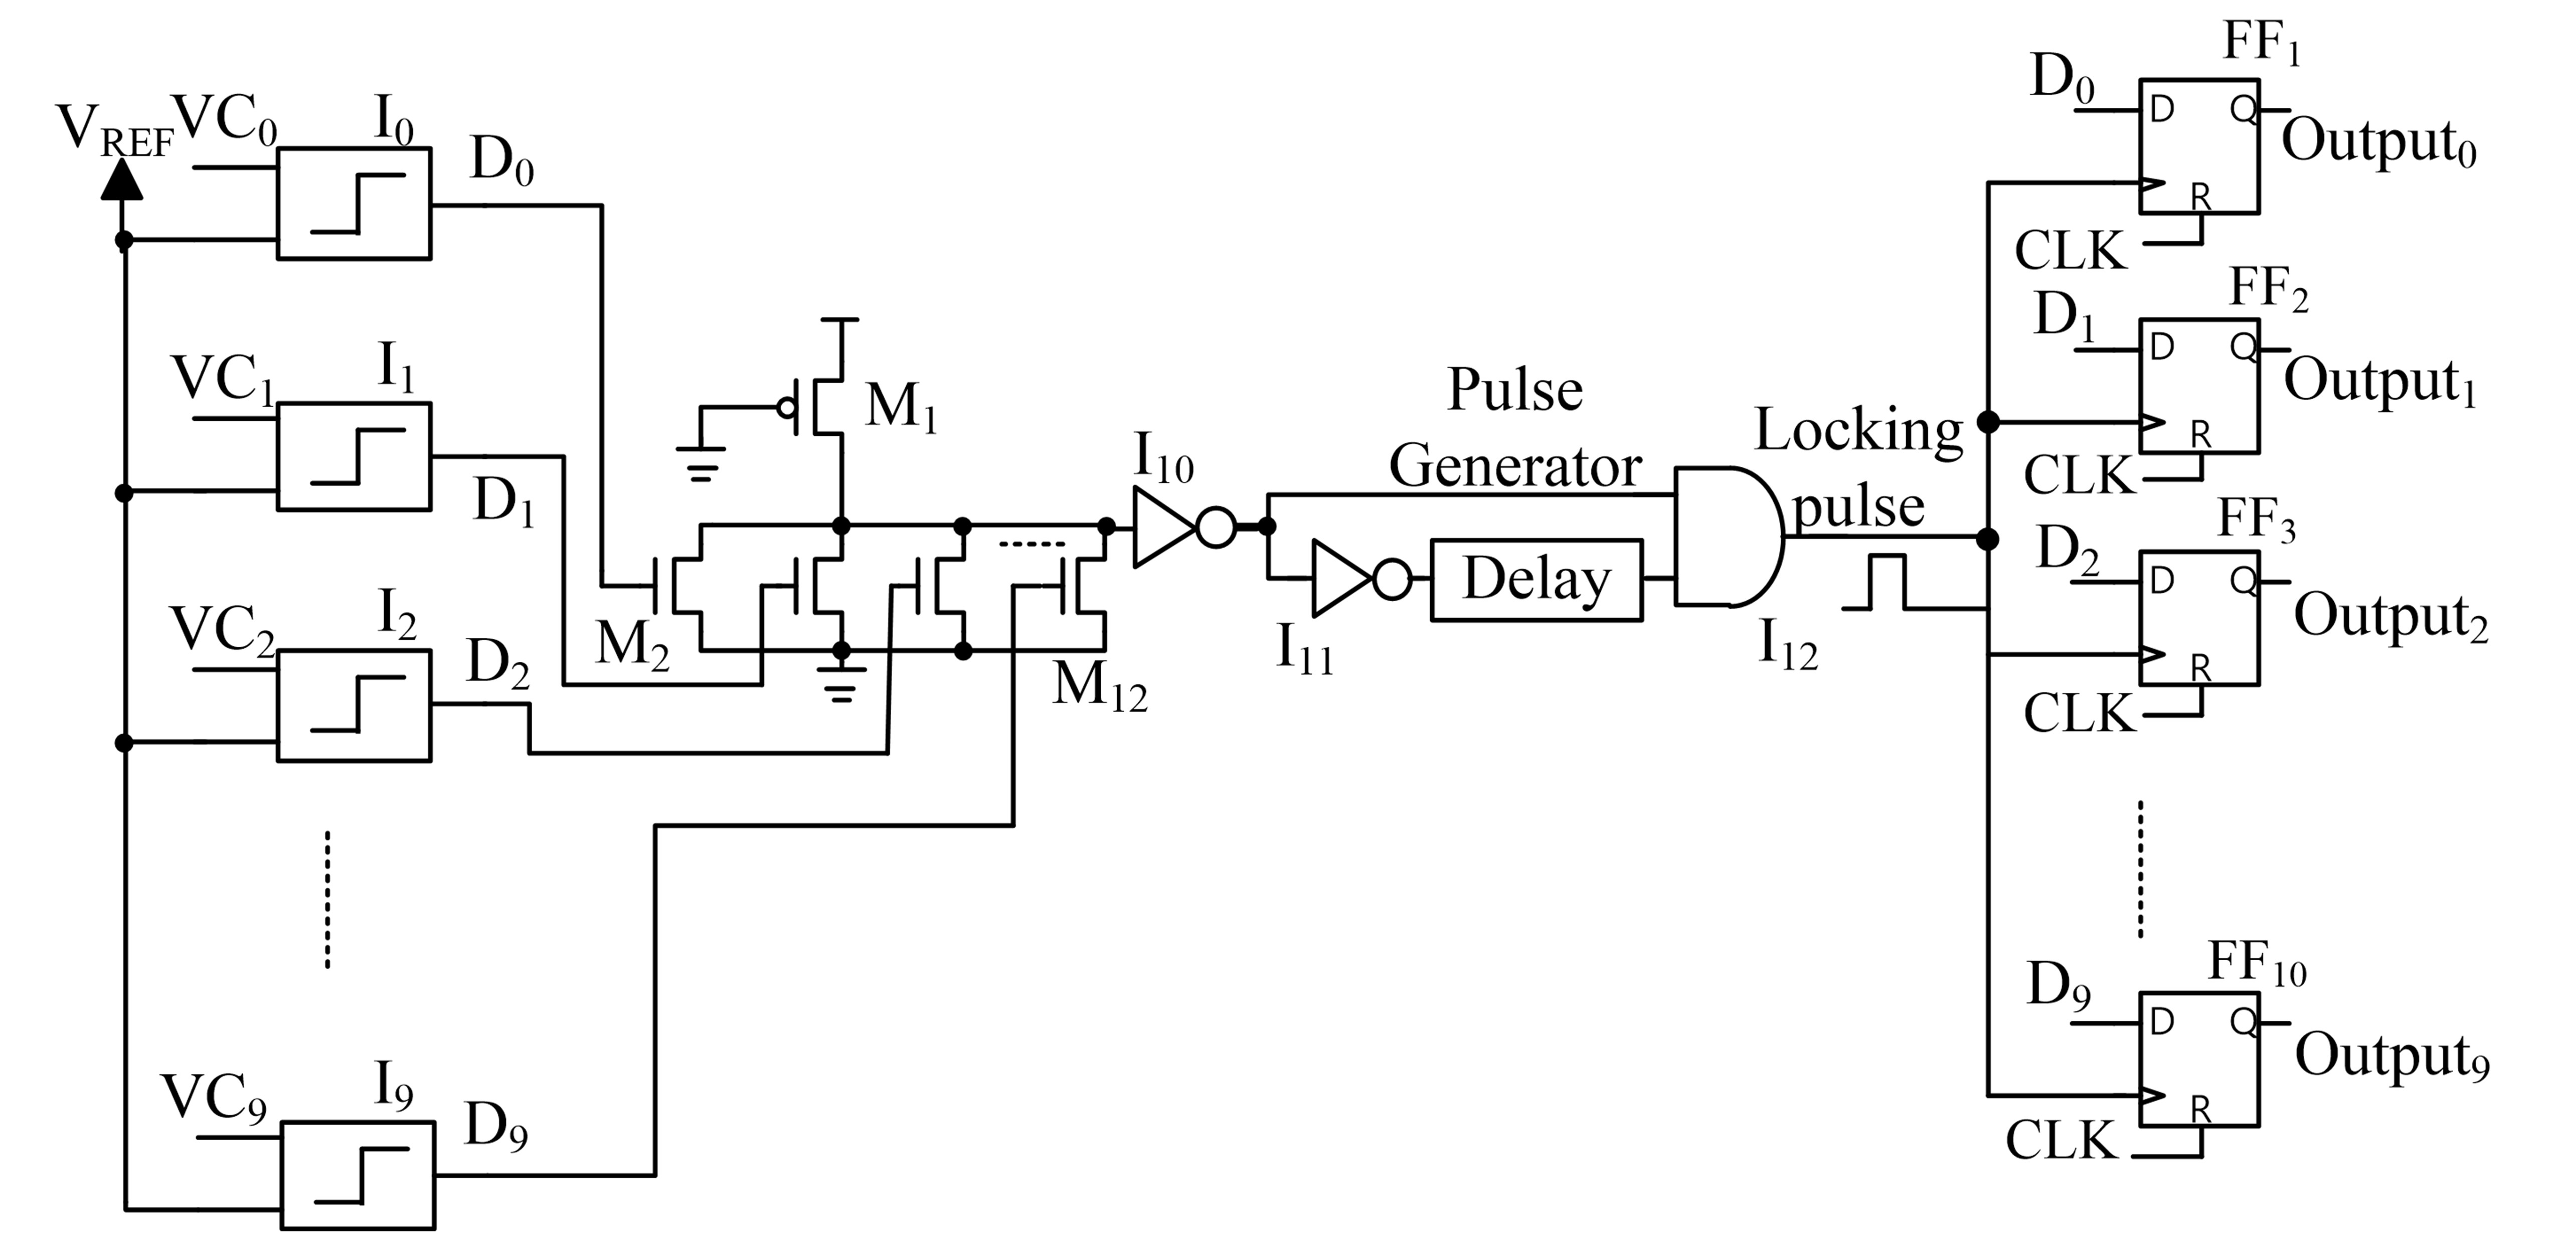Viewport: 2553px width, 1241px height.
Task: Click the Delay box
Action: coord(1536,580)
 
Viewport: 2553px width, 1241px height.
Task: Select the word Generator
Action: coord(1514,466)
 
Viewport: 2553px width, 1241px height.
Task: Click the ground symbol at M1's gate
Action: coord(701,462)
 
